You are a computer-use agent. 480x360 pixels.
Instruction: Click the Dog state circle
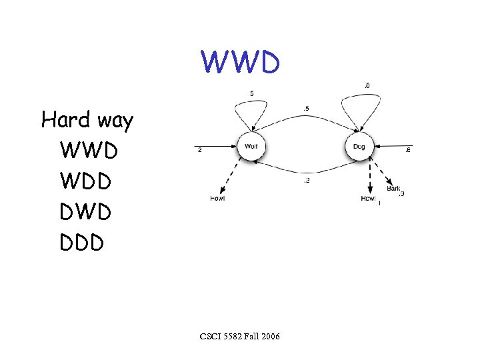click(x=359, y=147)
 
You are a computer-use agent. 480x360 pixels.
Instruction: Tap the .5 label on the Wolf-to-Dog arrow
click(x=305, y=109)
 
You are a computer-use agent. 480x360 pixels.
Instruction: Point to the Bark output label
click(x=393, y=189)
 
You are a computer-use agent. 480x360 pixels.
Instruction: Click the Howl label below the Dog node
click(x=368, y=199)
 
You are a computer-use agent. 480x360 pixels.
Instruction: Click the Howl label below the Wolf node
click(x=217, y=199)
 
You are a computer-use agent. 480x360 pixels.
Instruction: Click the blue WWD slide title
click(x=241, y=63)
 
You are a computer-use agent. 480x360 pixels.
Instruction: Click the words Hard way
click(x=87, y=121)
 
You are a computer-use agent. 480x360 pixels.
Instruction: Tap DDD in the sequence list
click(x=82, y=242)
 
